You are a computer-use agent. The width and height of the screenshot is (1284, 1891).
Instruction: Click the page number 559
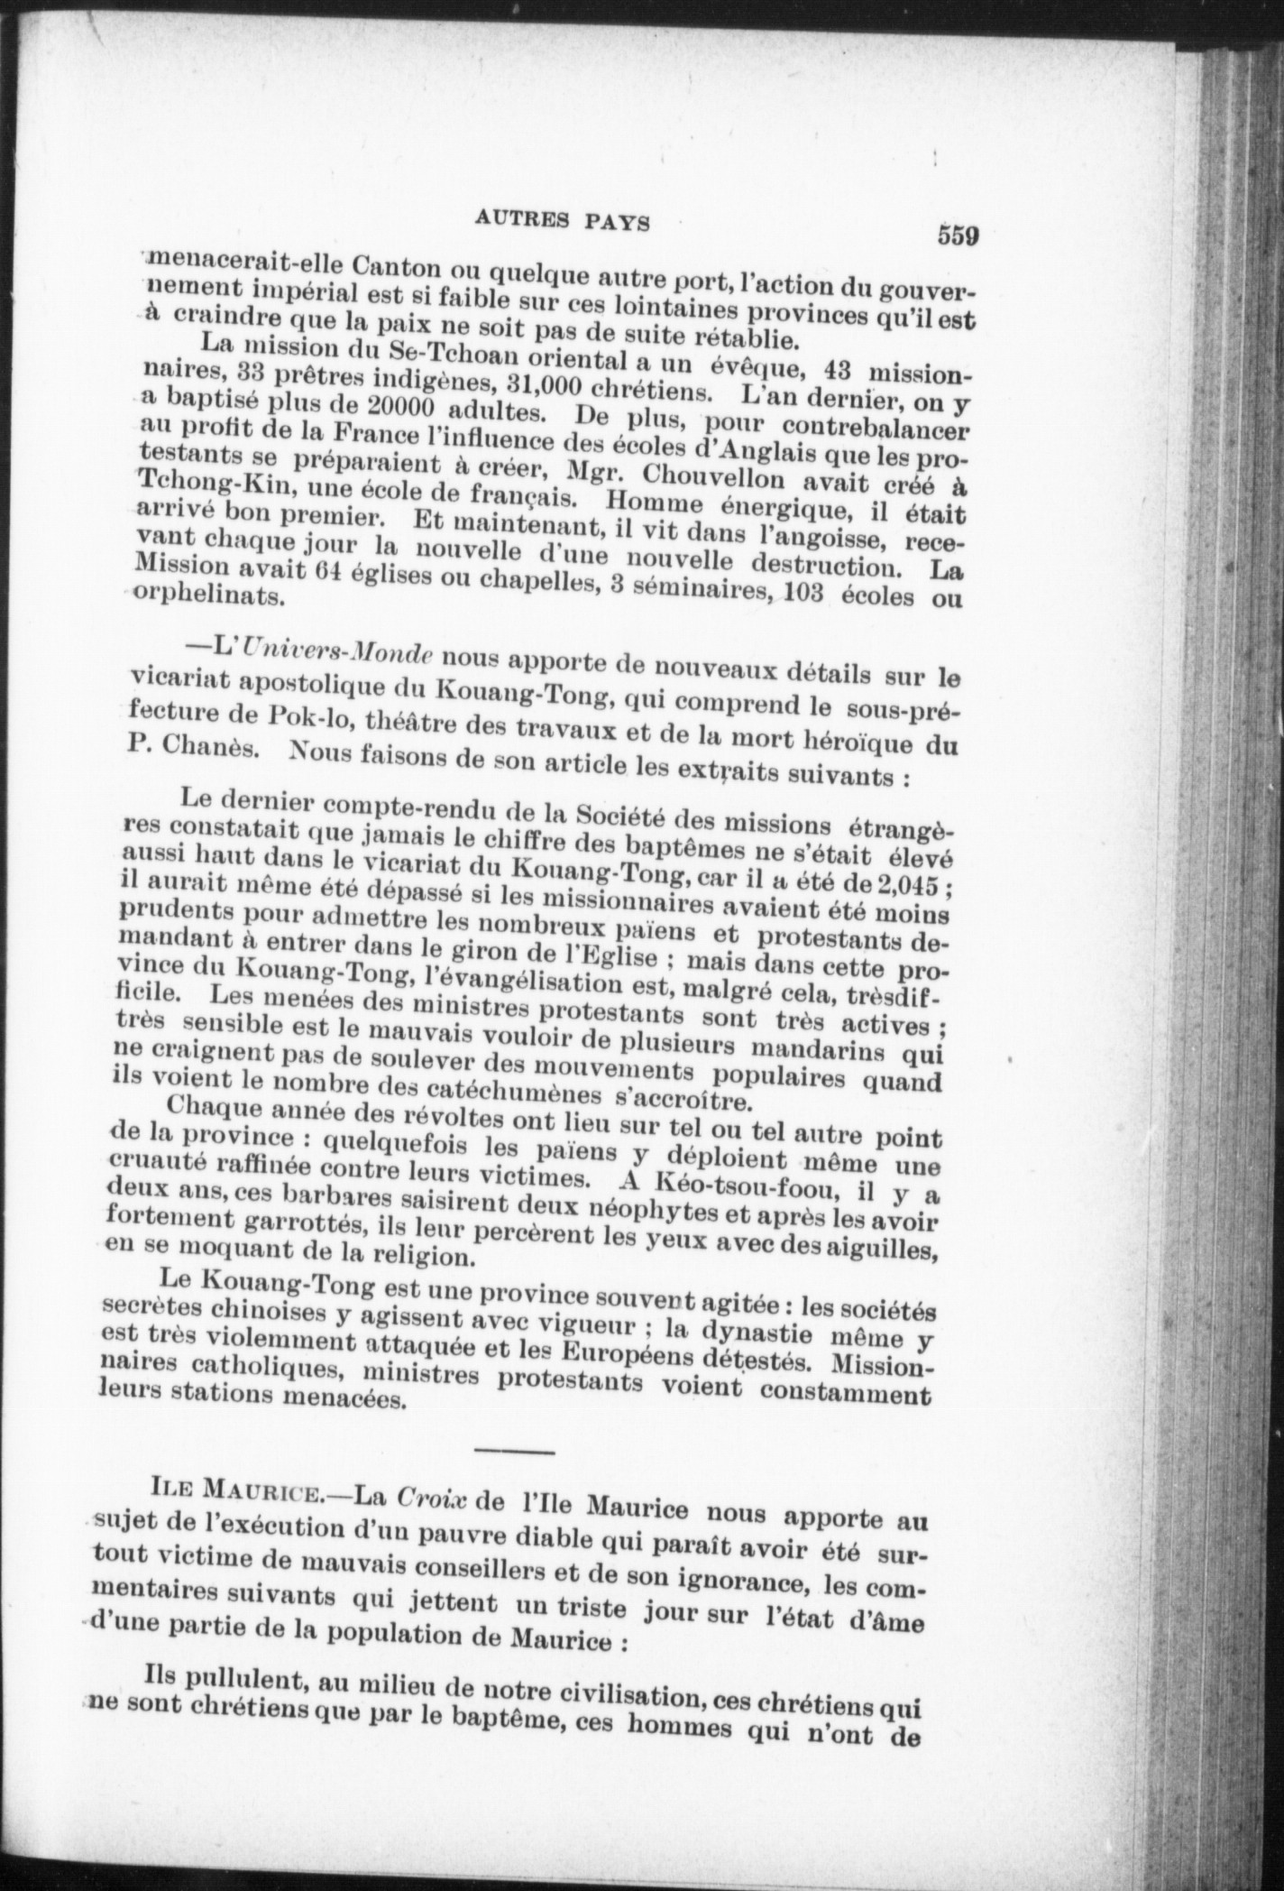pyautogui.click(x=958, y=235)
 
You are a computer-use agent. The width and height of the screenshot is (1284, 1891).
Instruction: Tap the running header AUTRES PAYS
pyautogui.click(x=562, y=222)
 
